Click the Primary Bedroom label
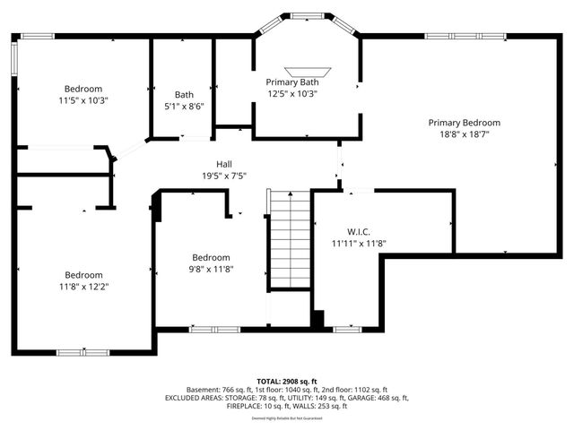(x=464, y=123)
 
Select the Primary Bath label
(x=291, y=82)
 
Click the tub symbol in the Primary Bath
(x=308, y=71)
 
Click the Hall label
(x=224, y=164)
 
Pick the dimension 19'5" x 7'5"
(x=224, y=176)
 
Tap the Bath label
(x=184, y=95)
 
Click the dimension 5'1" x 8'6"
(x=184, y=106)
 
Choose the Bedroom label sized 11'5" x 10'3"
(x=83, y=89)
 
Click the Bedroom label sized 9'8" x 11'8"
(x=211, y=257)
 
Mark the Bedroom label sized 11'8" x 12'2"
(x=83, y=275)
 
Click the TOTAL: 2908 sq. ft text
(x=286, y=381)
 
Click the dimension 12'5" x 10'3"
(x=291, y=93)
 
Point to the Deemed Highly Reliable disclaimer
(x=286, y=417)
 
